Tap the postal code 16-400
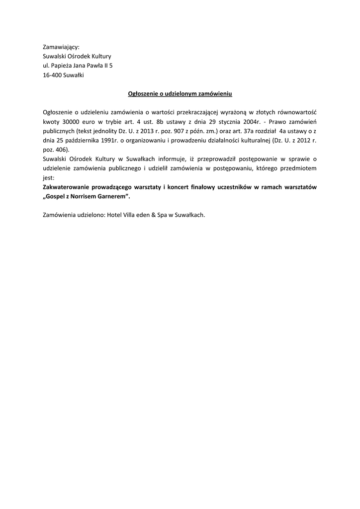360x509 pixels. click(52, 75)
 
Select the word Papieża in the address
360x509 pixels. click(63, 66)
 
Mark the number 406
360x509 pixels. click(62, 150)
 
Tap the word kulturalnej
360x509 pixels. click(251, 141)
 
